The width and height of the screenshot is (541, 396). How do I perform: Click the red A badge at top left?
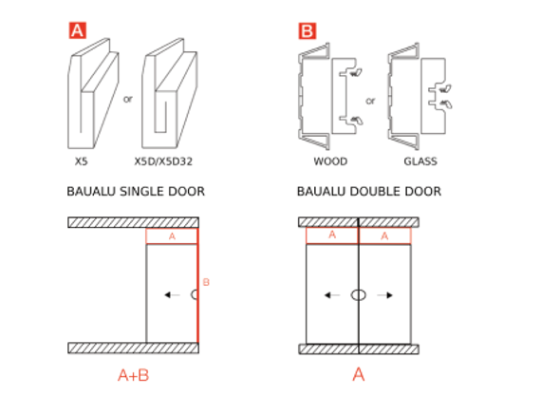(78, 31)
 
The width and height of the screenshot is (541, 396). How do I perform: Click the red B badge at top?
(308, 31)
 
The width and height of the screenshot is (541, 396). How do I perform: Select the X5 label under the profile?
(82, 161)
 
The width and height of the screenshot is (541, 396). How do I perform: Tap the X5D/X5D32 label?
(169, 161)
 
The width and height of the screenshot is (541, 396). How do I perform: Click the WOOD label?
(329, 161)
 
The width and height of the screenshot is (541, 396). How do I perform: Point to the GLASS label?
(420, 161)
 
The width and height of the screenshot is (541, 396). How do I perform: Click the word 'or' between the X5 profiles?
(128, 96)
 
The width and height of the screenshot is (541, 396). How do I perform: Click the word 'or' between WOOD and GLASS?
(370, 99)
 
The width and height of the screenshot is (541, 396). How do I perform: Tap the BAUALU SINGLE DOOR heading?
(136, 192)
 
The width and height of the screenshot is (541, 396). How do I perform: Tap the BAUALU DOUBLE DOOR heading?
(368, 192)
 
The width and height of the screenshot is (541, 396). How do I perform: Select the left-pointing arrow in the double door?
(331, 295)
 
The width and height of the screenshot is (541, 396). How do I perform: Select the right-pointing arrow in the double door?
(385, 295)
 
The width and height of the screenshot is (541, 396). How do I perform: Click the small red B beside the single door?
(206, 282)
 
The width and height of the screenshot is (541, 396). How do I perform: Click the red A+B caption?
(133, 374)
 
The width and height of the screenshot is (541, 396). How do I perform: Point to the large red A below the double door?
(358, 374)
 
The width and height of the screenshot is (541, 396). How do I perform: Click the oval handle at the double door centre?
(358, 295)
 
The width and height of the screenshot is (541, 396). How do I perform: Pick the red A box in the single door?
(172, 236)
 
